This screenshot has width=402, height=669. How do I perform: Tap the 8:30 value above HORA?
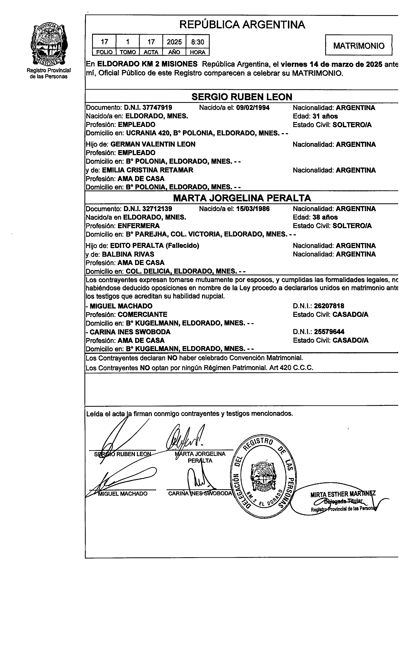(197, 42)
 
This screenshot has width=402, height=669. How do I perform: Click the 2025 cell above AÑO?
(174, 42)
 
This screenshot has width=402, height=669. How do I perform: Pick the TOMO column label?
(128, 52)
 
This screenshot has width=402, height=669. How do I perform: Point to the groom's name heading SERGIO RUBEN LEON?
(242, 97)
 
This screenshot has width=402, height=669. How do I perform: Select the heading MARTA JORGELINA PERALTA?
(242, 198)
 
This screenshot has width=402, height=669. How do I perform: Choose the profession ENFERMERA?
(139, 226)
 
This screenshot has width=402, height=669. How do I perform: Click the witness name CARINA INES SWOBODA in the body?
(130, 332)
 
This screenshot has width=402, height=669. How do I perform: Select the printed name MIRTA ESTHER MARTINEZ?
(343, 494)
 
